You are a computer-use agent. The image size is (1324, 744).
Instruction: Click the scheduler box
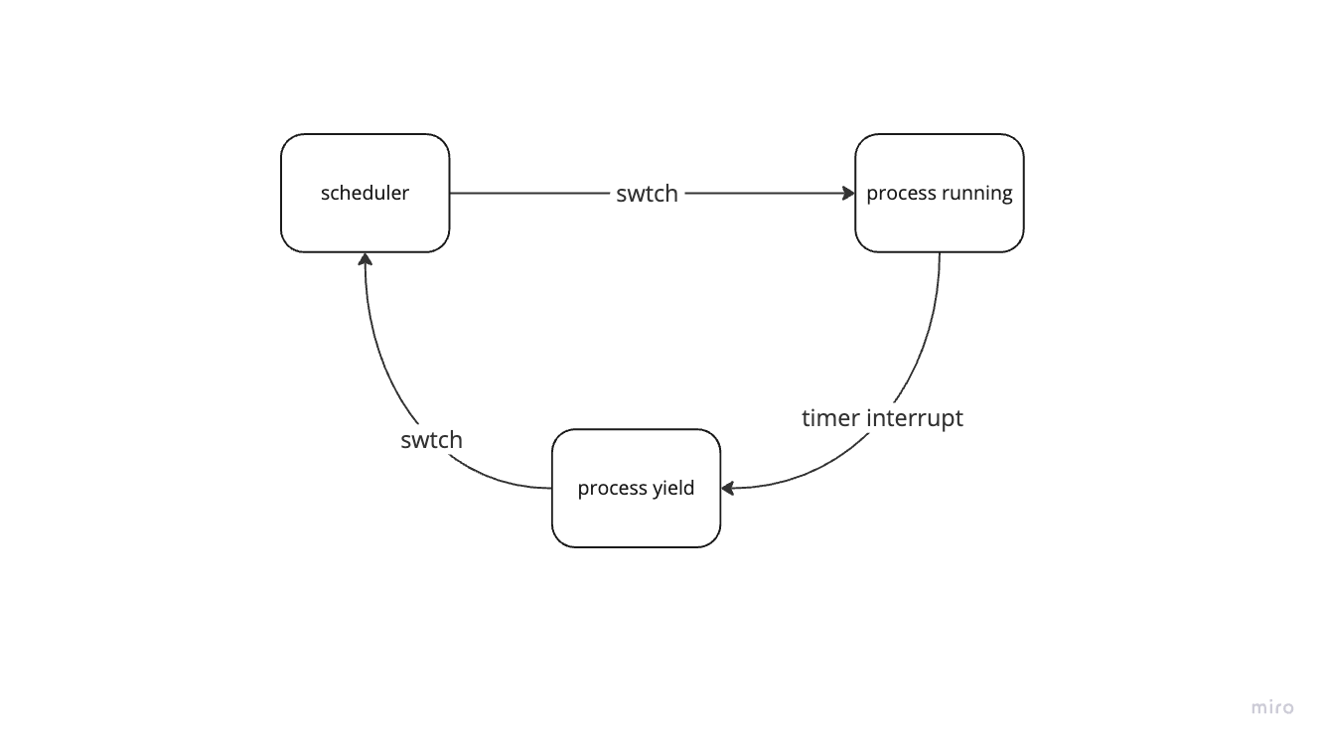365,193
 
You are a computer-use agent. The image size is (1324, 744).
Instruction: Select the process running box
939,193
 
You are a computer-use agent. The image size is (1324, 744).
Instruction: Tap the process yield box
636,488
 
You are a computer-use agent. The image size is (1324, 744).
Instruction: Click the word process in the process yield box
612,489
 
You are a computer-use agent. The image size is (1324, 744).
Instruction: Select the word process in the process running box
901,194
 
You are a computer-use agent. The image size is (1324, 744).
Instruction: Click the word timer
829,418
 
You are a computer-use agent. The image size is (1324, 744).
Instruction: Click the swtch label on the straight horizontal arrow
647,194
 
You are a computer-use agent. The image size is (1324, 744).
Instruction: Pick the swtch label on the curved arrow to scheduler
431,439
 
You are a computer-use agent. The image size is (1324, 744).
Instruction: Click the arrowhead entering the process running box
848,194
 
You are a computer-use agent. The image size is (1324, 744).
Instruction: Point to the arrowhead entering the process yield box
728,488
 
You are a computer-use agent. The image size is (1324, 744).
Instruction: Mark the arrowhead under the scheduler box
366,259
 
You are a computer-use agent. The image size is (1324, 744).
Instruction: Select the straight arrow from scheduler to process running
536,194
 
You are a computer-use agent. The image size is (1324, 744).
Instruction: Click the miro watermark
1272,707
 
